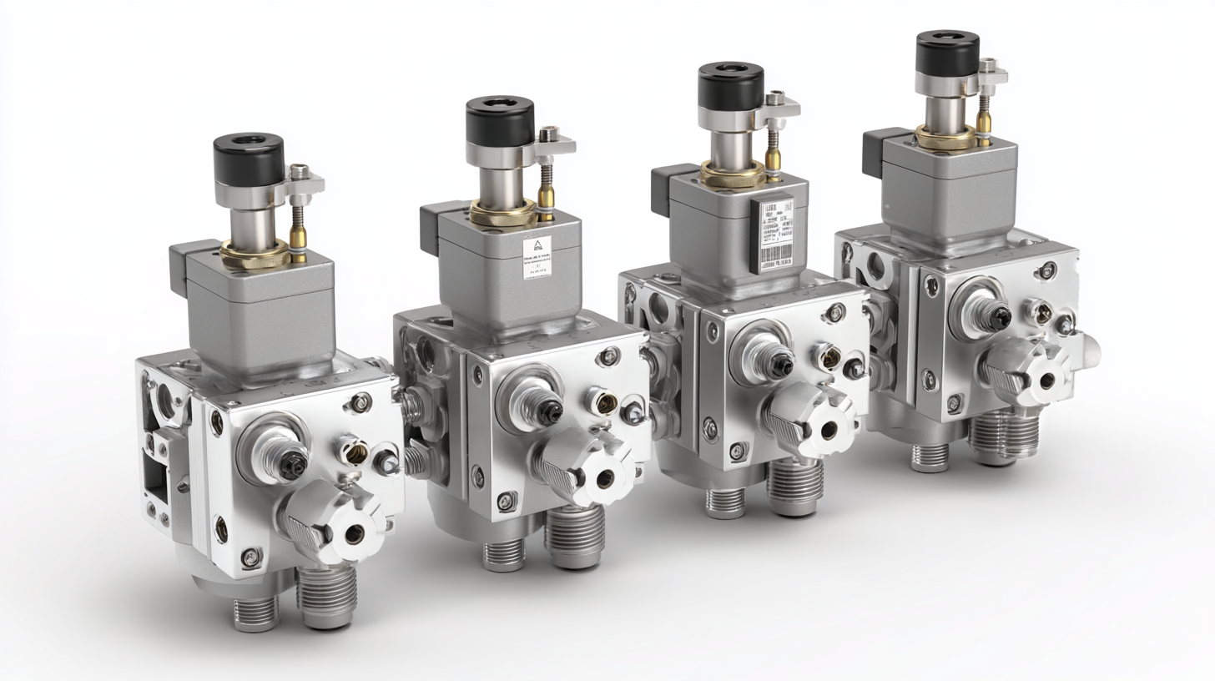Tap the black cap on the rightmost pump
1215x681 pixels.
coord(947,53)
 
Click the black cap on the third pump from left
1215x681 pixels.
coord(730,84)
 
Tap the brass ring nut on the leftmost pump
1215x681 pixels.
coord(255,253)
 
